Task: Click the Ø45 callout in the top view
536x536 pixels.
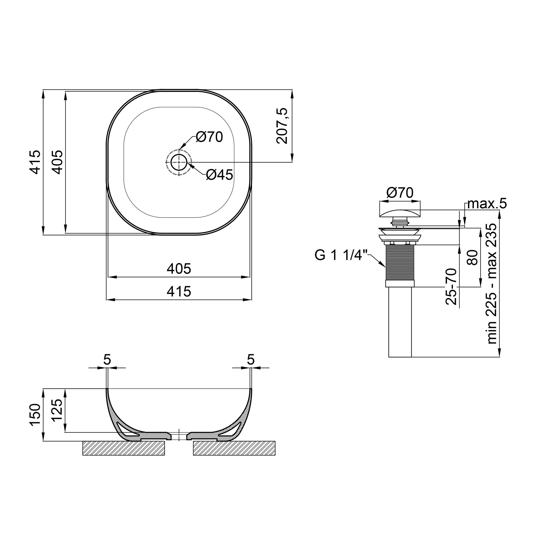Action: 219,175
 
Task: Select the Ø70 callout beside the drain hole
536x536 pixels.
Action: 209,137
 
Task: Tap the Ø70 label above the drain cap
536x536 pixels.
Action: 400,192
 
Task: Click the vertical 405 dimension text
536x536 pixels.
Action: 58,162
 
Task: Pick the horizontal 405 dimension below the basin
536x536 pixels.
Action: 179,269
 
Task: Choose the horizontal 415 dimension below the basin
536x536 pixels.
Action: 179,292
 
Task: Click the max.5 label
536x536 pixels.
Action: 487,204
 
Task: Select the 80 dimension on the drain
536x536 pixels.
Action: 472,257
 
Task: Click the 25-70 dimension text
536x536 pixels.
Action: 451,286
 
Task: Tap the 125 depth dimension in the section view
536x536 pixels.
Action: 57,411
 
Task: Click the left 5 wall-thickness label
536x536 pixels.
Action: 107,360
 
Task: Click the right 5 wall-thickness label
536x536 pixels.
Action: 251,360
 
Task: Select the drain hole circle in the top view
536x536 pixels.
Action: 179,162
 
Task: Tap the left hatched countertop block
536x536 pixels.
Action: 124,456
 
